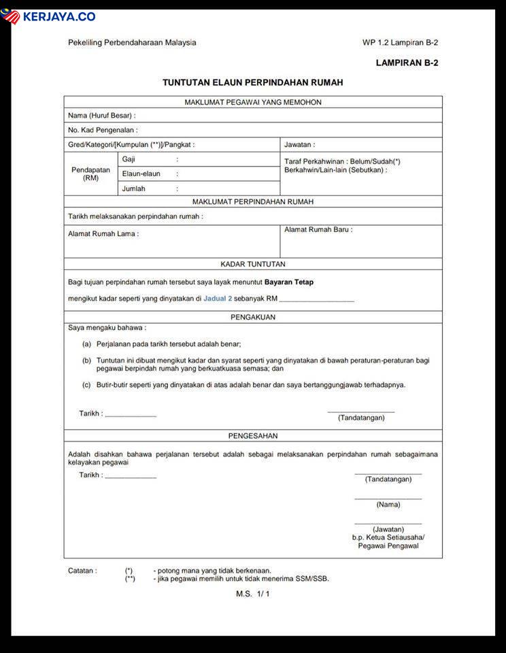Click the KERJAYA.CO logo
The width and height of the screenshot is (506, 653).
(48, 16)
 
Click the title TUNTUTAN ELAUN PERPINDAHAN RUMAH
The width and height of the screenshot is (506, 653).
(252, 82)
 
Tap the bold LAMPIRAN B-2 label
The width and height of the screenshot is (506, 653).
(407, 63)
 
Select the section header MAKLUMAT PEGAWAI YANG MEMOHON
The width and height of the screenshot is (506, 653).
(253, 102)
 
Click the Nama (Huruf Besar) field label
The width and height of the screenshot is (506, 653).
(101, 116)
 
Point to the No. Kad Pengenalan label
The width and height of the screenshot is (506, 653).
(103, 130)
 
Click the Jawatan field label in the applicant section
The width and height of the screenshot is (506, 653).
(299, 145)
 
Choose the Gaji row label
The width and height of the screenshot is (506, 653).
(129, 158)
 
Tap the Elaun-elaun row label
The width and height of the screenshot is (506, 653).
(141, 173)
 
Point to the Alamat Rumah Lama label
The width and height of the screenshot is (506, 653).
(103, 233)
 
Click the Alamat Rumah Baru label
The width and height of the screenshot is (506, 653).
(318, 230)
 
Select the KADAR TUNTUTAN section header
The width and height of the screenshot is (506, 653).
(253, 264)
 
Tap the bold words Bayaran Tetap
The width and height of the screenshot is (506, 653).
(289, 282)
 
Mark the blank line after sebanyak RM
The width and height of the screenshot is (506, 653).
(316, 299)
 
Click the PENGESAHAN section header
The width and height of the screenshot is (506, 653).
(253, 435)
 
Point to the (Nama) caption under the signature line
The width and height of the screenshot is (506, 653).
(388, 505)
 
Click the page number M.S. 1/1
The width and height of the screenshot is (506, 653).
(253, 594)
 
